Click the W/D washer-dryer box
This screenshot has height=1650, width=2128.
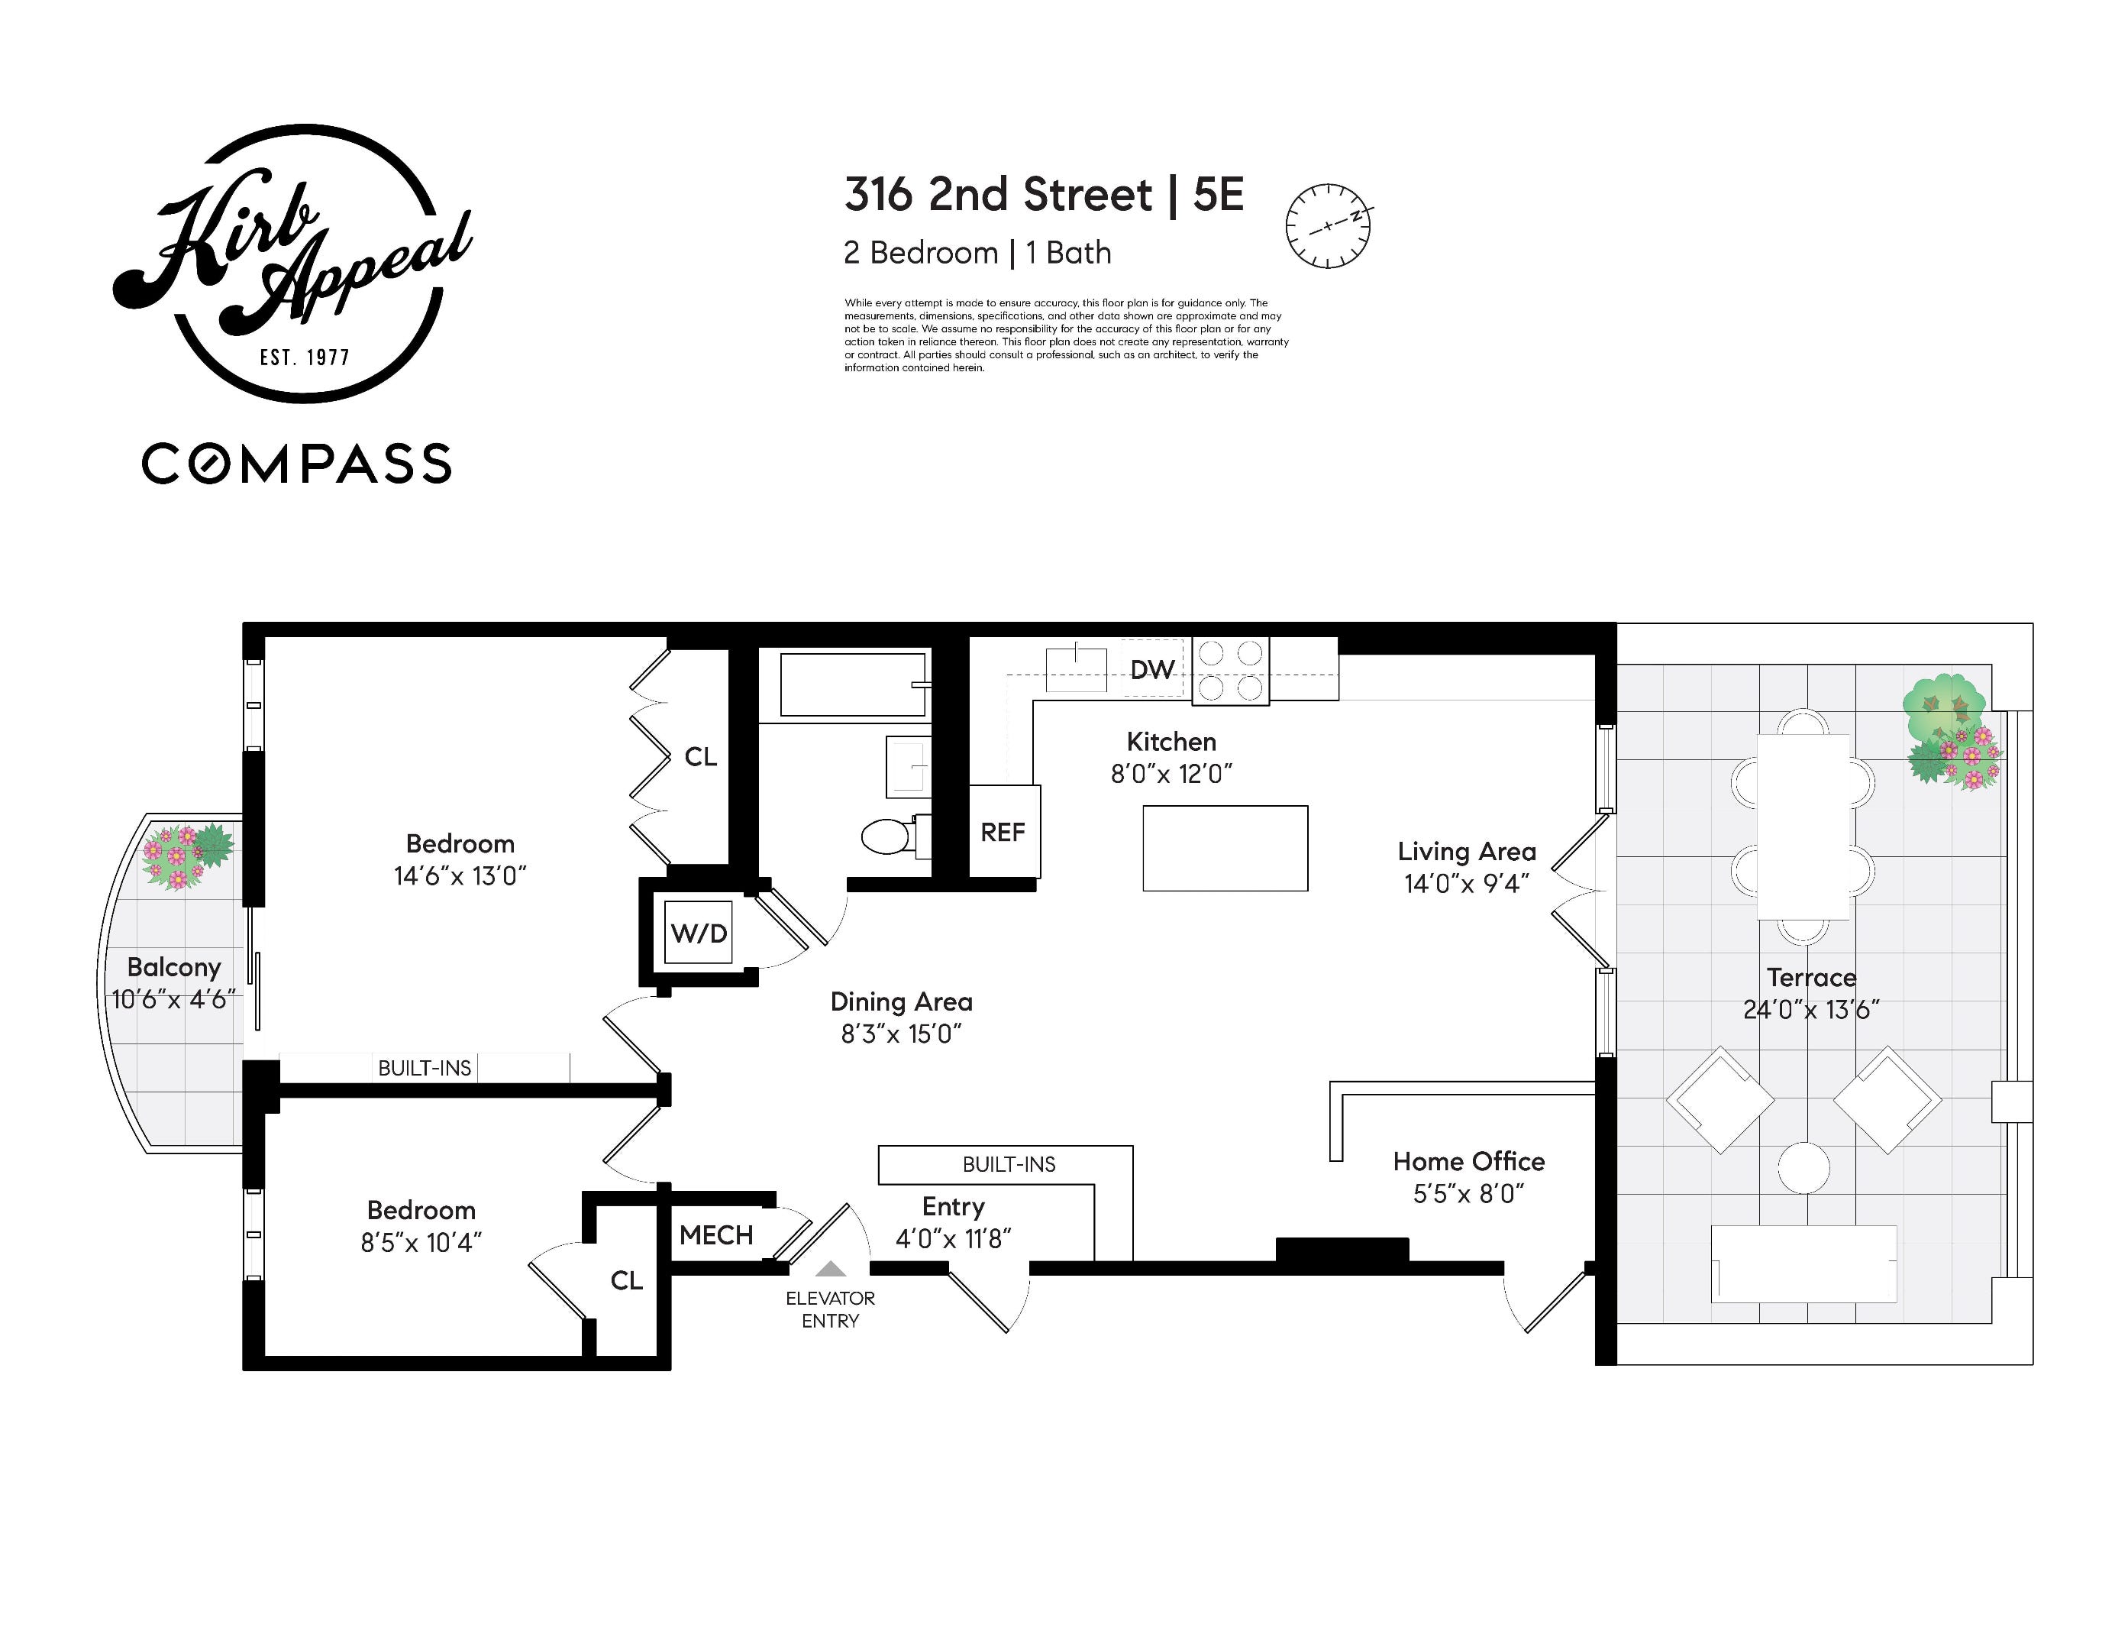tap(698, 933)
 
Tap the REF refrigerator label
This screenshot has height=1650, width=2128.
tap(1003, 833)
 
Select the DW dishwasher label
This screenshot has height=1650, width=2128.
tap(1151, 670)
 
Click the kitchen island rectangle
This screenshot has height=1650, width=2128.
tap(1225, 848)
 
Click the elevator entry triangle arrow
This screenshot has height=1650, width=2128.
tap(830, 1268)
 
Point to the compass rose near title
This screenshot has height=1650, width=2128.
tap(1328, 225)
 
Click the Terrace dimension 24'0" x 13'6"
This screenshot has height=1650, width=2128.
tap(1810, 1010)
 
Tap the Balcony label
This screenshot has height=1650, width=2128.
tap(173, 967)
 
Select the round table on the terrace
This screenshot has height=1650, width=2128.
tap(1803, 1166)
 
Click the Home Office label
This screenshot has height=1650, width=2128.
tap(1468, 1161)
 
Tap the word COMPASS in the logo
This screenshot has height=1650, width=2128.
tap(297, 464)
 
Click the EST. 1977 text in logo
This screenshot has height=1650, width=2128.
tap(304, 357)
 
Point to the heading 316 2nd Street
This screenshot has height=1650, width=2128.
tap(998, 195)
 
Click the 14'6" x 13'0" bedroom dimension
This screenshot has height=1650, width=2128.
tap(460, 875)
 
